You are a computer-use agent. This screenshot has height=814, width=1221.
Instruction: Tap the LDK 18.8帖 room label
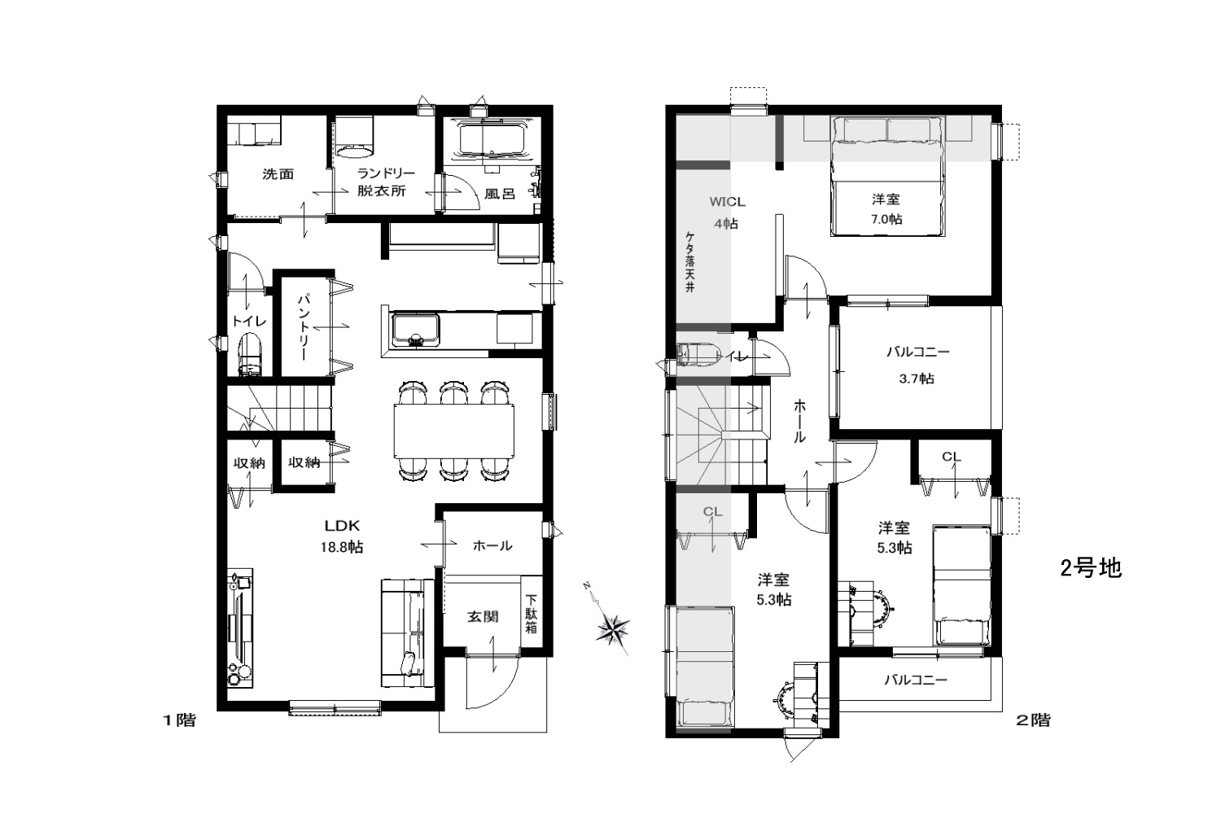(x=342, y=536)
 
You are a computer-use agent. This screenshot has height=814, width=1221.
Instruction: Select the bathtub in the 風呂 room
(x=492, y=139)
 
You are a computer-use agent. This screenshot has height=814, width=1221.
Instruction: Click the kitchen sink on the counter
(x=415, y=330)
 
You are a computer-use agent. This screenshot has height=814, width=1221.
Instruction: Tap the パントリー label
(x=304, y=327)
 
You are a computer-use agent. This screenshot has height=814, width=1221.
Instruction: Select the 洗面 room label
(x=278, y=174)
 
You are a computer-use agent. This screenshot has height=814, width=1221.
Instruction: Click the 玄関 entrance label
(x=483, y=617)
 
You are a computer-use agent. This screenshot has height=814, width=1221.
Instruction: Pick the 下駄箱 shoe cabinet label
(x=531, y=614)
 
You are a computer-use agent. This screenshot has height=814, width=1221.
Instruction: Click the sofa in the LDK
(x=408, y=633)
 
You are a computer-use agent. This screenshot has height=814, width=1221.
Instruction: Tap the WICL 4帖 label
(x=727, y=212)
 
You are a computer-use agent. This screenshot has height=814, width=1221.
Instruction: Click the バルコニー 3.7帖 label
(x=917, y=365)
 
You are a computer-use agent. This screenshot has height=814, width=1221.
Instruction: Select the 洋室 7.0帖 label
(x=886, y=209)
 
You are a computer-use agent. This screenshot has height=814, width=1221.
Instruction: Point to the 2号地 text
(x=1091, y=569)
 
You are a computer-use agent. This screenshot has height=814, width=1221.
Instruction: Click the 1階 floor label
(x=179, y=720)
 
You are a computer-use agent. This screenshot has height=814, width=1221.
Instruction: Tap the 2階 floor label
(x=1033, y=720)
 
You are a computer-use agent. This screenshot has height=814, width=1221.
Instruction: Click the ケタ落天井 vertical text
(x=690, y=262)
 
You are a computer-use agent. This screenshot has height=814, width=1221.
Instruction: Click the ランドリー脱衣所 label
(x=386, y=182)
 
